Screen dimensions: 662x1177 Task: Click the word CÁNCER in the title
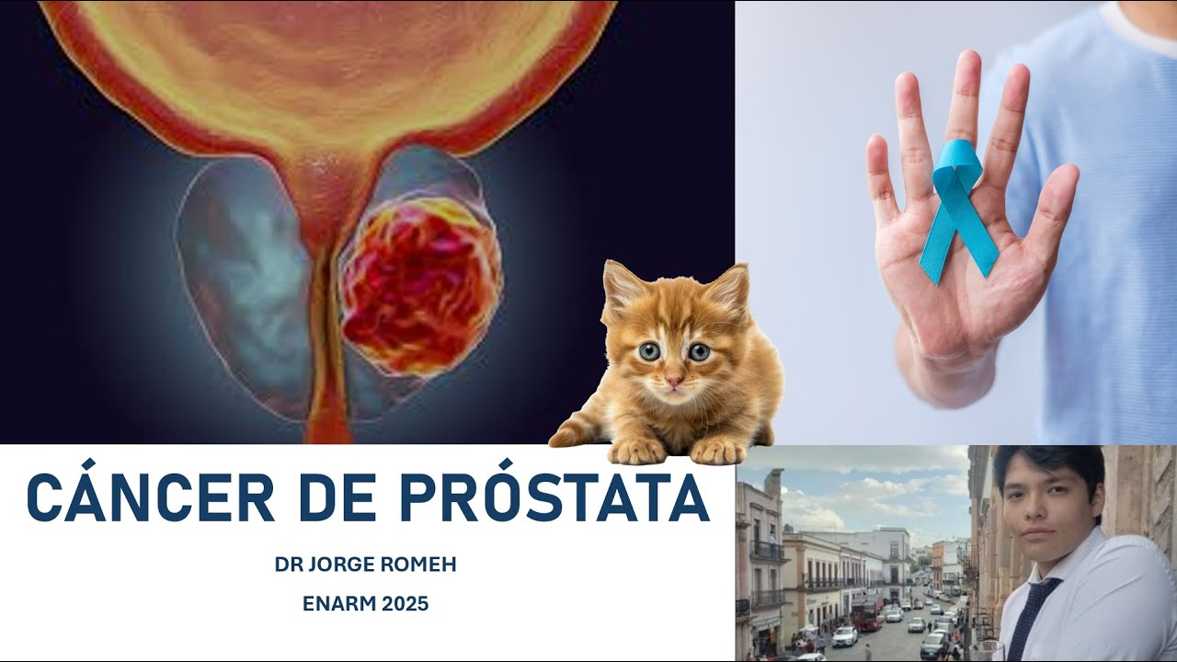tap(151, 498)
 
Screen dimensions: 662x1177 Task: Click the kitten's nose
tap(674, 379)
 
